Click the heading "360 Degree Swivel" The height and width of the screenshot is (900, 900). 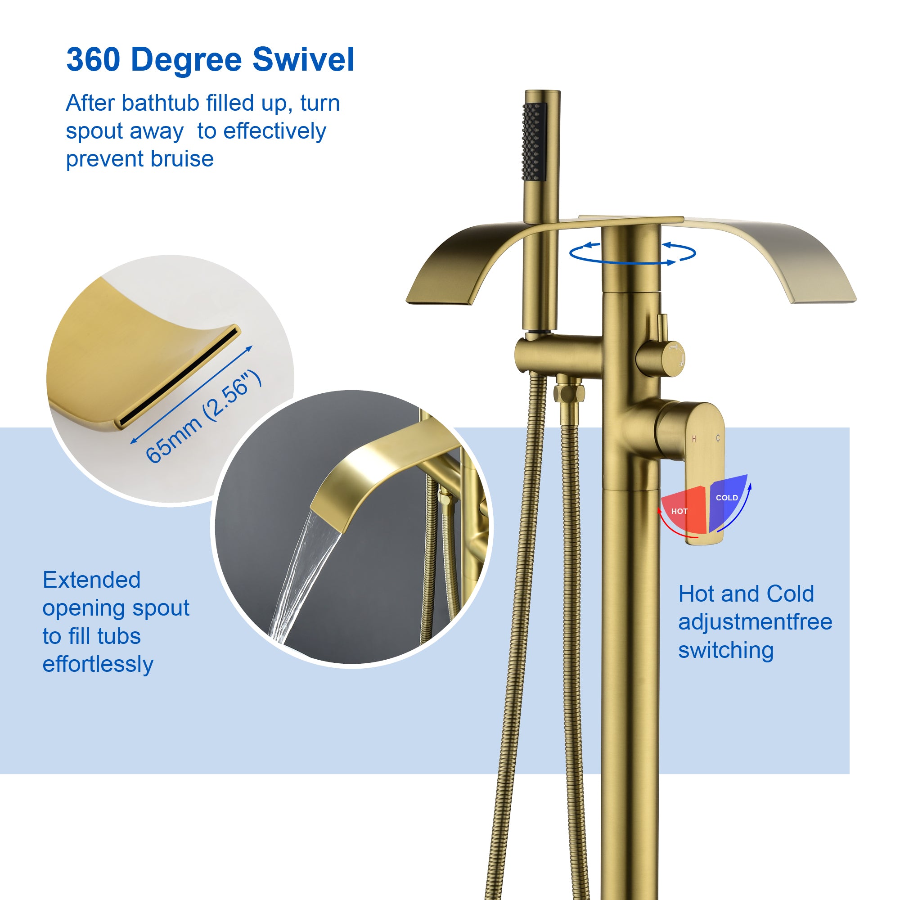(x=210, y=60)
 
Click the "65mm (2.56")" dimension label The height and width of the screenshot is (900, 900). (x=203, y=416)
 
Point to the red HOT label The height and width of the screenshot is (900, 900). (x=679, y=511)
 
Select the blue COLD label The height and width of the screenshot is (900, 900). (x=727, y=498)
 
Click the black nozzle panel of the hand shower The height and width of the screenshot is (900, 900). (x=534, y=142)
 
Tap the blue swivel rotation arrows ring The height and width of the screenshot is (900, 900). (x=633, y=253)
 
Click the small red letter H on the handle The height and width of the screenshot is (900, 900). (x=694, y=438)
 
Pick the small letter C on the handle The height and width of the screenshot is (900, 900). (x=718, y=438)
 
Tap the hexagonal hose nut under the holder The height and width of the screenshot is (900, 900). (x=569, y=393)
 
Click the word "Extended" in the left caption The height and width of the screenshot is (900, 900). (x=92, y=580)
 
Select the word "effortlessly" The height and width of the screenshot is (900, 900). (x=98, y=664)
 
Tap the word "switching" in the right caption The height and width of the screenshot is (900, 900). (x=726, y=650)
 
